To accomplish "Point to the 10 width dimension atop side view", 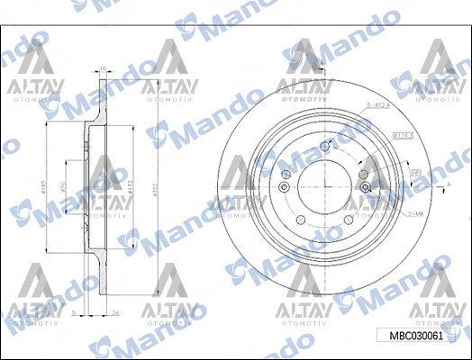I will coord(103,67).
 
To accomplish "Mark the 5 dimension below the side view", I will coord(75,312).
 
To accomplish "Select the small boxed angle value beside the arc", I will coord(417,169).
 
